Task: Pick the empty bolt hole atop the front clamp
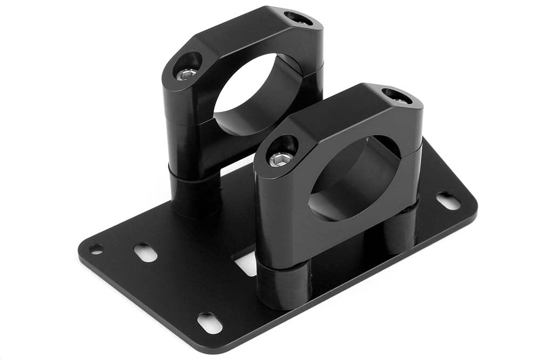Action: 396,96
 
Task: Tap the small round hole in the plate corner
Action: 96,249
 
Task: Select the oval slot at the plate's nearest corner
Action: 210,322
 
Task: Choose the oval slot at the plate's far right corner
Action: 448,201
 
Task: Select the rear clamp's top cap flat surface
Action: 243,32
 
